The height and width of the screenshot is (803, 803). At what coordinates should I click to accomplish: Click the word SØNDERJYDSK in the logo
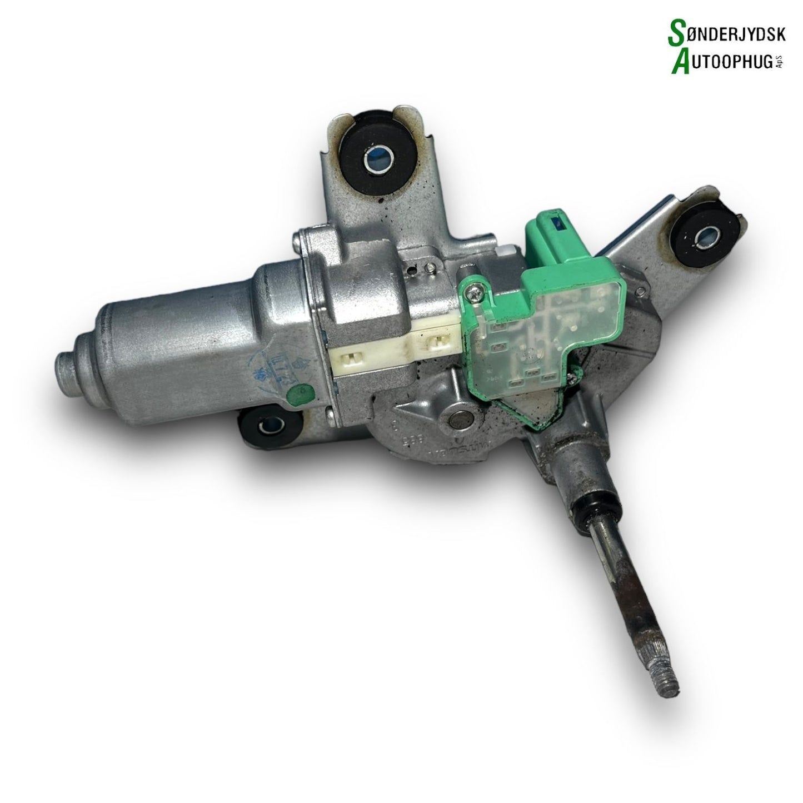coord(728,34)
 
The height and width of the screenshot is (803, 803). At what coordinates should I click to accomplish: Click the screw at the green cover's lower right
coord(569,380)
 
